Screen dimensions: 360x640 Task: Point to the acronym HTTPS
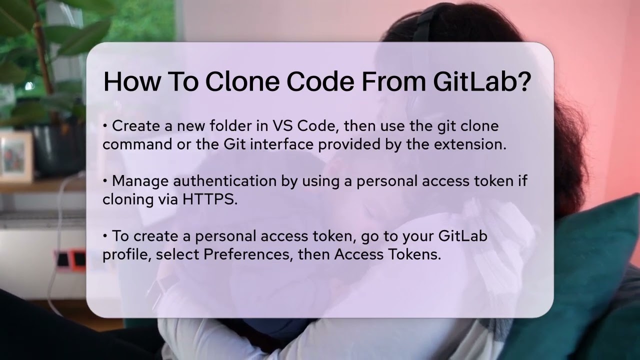point(209,199)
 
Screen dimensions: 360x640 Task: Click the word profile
point(126,254)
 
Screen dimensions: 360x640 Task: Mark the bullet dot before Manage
point(105,181)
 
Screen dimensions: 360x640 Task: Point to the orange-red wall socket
point(77,259)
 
